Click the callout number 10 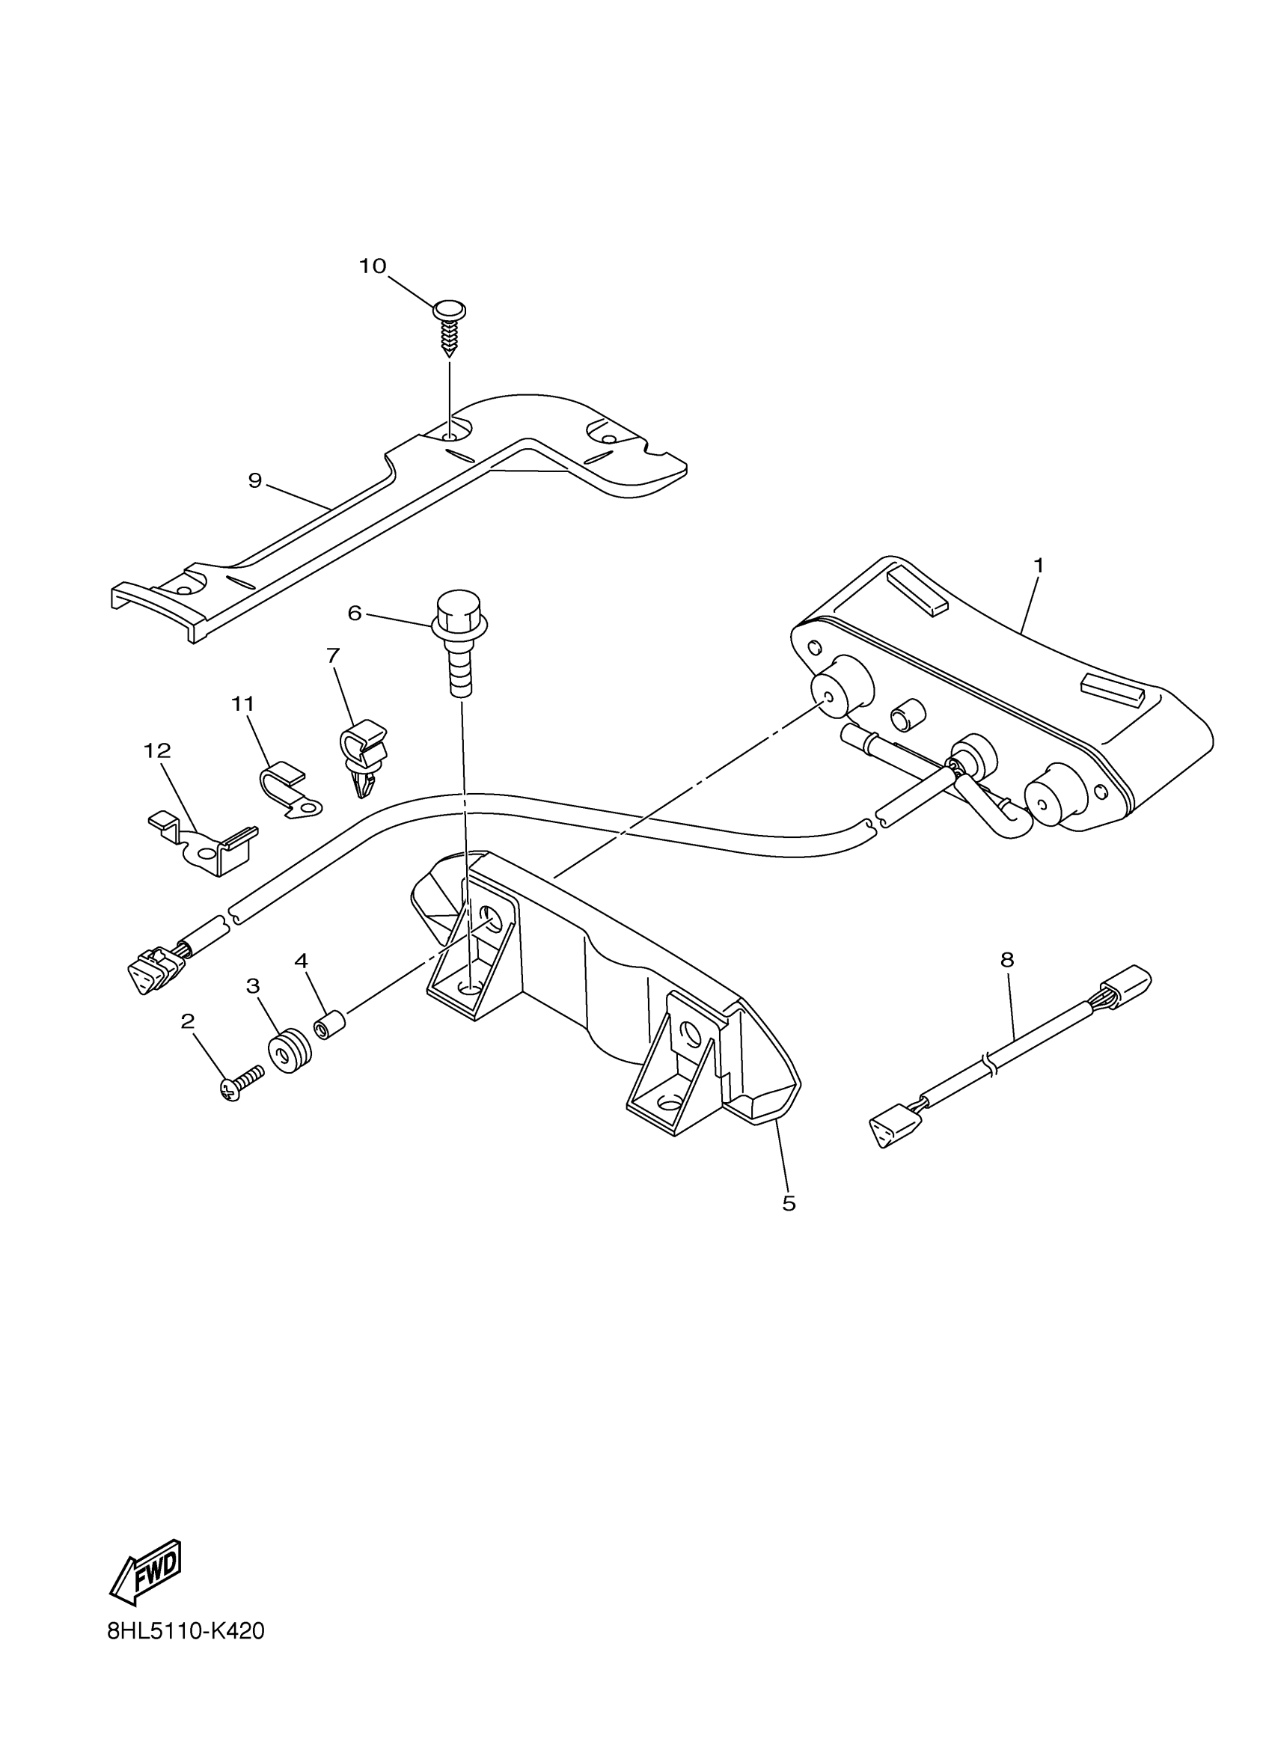pos(373,266)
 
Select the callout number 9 pos(254,481)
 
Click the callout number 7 pos(333,656)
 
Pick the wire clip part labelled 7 pos(362,756)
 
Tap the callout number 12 pos(157,750)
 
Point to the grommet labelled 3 pos(290,1051)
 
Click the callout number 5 pos(789,1203)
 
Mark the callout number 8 pos(1006,960)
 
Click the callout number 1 pos(1039,566)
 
